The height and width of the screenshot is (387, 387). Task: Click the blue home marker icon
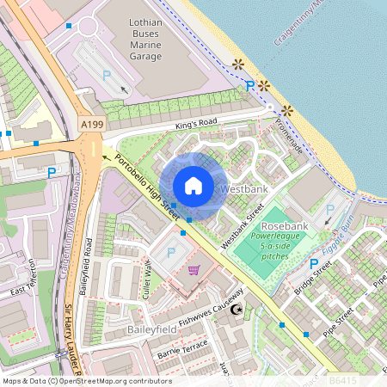(x=193, y=186)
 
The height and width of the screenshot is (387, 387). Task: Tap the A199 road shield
(x=92, y=125)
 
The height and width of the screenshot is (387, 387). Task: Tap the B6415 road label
(x=341, y=378)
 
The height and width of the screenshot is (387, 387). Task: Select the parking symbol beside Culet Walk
(x=169, y=253)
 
